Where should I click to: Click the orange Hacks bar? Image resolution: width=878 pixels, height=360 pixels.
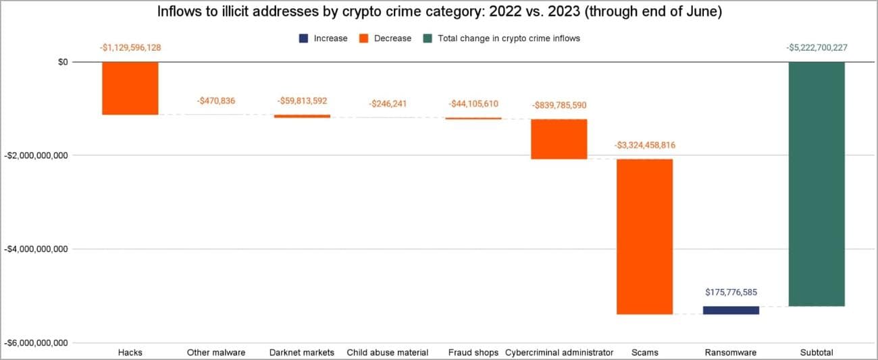130,88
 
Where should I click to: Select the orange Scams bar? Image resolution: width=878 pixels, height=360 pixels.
644,236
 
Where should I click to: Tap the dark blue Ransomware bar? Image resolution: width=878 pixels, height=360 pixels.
731,310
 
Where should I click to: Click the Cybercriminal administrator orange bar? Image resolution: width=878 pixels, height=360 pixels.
559,139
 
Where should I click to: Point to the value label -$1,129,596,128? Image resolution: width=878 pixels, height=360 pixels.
130,47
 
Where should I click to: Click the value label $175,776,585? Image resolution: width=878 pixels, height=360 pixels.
731,292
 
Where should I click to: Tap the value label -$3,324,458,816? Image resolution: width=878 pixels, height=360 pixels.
644,145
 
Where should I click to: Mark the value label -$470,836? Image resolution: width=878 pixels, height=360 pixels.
216,101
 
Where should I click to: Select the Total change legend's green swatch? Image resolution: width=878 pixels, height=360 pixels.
428,38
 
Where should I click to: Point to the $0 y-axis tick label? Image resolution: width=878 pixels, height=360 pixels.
62,62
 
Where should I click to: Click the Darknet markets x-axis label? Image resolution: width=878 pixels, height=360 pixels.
301,353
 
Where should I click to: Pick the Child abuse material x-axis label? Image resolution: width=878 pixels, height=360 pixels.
387,353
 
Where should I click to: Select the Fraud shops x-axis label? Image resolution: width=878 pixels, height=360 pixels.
473,353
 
